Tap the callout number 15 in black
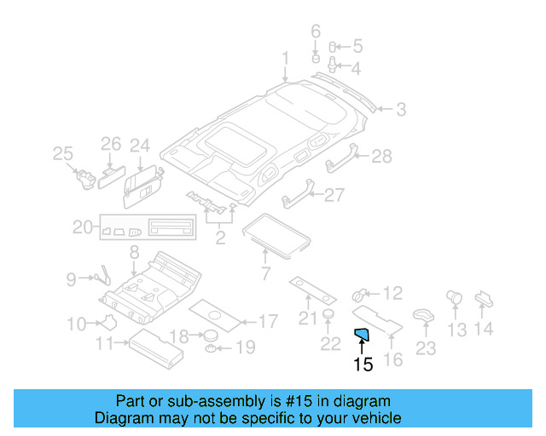click(x=363, y=364)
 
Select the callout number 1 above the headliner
click(x=286, y=59)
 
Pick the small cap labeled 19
click(x=210, y=349)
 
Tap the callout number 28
click(x=381, y=156)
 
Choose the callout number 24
click(x=139, y=146)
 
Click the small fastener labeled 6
click(x=315, y=60)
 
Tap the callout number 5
click(x=357, y=46)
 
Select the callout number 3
click(x=400, y=109)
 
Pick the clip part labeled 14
click(x=482, y=298)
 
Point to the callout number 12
click(x=392, y=294)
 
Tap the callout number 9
click(x=72, y=278)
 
